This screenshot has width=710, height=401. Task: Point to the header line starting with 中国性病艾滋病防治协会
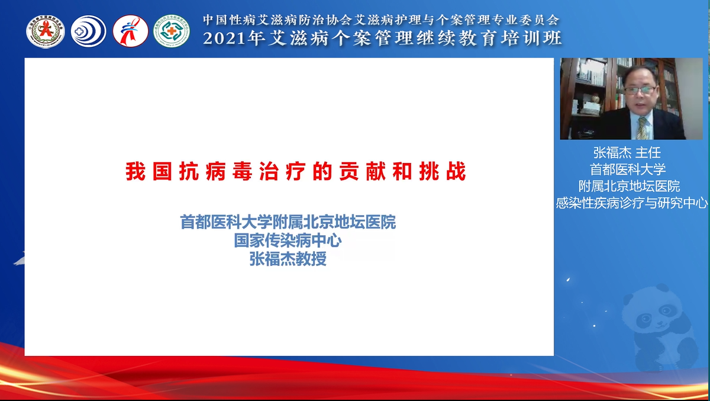coord(381,20)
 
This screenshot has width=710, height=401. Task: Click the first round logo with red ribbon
coord(46,31)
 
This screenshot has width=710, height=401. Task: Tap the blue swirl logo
coord(89,31)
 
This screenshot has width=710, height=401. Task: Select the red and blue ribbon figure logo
coord(130,31)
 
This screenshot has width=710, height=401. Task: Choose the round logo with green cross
coord(172,31)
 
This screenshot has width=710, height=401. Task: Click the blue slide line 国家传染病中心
coord(288,241)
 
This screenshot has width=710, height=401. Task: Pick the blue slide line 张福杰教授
coord(288,259)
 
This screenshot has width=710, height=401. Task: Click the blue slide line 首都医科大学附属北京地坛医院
coord(288,223)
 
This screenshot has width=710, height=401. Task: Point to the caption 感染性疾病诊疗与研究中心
coord(632,203)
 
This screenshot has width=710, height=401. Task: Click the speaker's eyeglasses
coord(640,90)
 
